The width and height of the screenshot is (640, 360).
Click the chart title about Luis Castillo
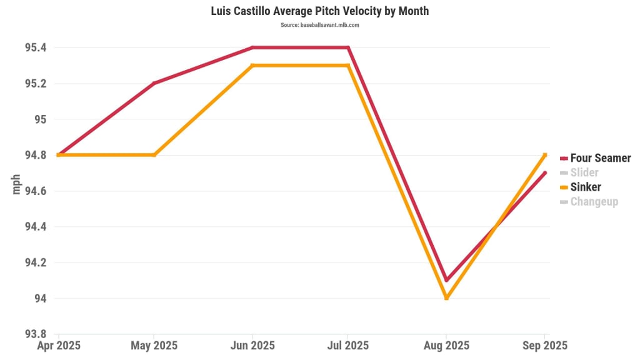(x=319, y=11)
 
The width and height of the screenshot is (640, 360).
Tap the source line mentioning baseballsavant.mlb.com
(x=319, y=25)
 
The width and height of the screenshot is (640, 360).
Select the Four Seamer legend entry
(x=600, y=158)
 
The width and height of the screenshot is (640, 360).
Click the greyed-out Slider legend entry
(x=584, y=172)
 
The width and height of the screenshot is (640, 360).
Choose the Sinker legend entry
(x=585, y=187)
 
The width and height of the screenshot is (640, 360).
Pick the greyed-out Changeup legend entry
(x=594, y=201)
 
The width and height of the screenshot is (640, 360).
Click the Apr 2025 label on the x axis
(x=58, y=346)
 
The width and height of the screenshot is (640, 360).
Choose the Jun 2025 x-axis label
(x=251, y=346)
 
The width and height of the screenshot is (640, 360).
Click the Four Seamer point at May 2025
(x=154, y=83)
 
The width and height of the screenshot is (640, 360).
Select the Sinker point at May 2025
(x=154, y=155)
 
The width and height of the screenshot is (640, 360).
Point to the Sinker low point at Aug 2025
(x=446, y=298)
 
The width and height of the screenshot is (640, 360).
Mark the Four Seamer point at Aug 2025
(x=446, y=280)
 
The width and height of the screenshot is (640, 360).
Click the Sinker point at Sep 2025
(x=544, y=155)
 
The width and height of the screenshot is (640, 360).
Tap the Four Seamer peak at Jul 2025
(x=348, y=47)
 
